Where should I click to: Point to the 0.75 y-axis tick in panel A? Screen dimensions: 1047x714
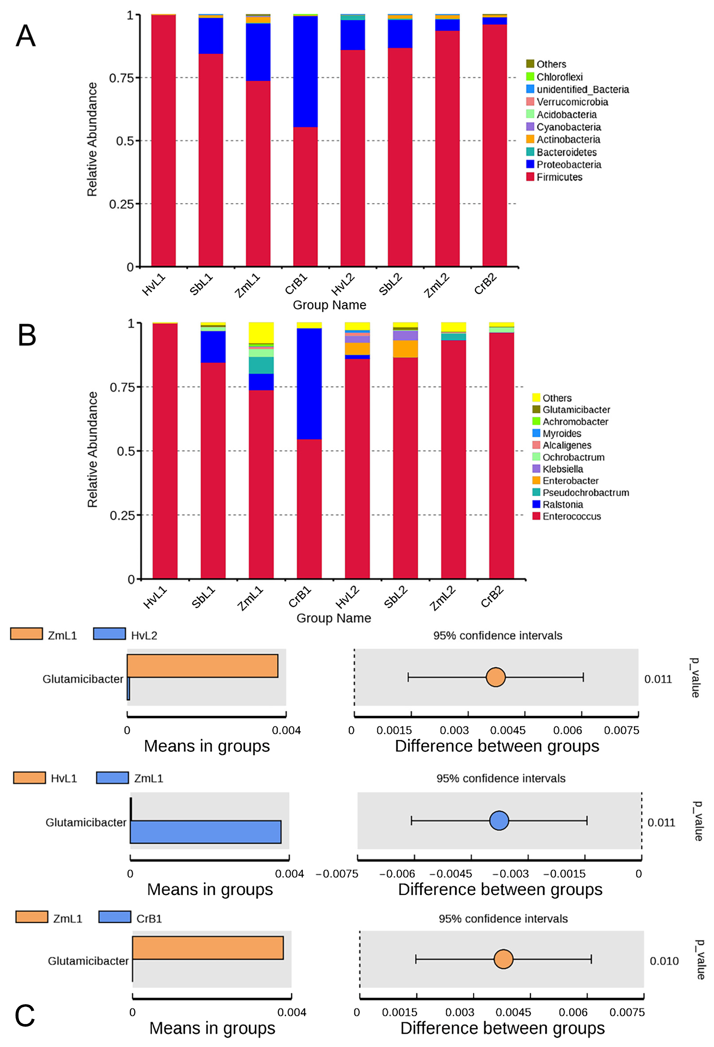122,78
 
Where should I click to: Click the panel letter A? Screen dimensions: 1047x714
26,36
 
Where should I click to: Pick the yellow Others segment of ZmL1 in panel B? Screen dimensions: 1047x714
261,332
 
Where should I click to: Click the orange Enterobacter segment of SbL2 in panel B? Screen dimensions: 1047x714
405,349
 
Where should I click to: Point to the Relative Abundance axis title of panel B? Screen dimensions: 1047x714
92,450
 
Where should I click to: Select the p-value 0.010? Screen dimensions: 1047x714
664,961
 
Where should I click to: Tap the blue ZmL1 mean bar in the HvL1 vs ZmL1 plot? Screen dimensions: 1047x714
205,832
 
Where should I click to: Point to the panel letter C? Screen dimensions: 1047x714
25,1016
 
